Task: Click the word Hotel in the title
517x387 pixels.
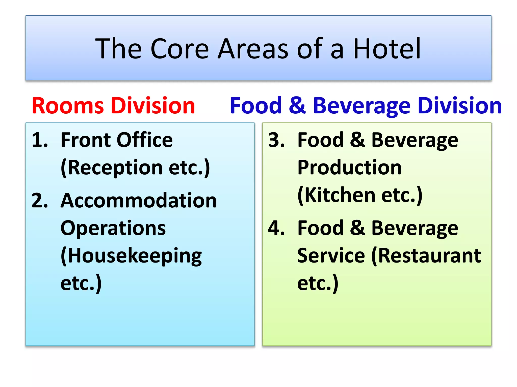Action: (387, 48)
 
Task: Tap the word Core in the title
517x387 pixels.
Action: (179, 48)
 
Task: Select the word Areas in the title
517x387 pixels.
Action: (253, 48)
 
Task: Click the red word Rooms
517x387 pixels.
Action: (68, 106)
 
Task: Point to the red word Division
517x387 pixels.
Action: (153, 106)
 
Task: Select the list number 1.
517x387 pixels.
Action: (40, 140)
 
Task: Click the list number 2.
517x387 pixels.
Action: (40, 201)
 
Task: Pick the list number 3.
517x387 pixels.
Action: (276, 140)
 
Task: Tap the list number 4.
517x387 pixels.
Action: (276, 228)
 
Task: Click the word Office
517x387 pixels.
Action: (145, 140)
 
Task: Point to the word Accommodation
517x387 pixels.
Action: (139, 201)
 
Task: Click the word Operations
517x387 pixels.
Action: (113, 228)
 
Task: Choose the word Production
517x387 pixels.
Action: (349, 168)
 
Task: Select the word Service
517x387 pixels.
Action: (331, 256)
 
